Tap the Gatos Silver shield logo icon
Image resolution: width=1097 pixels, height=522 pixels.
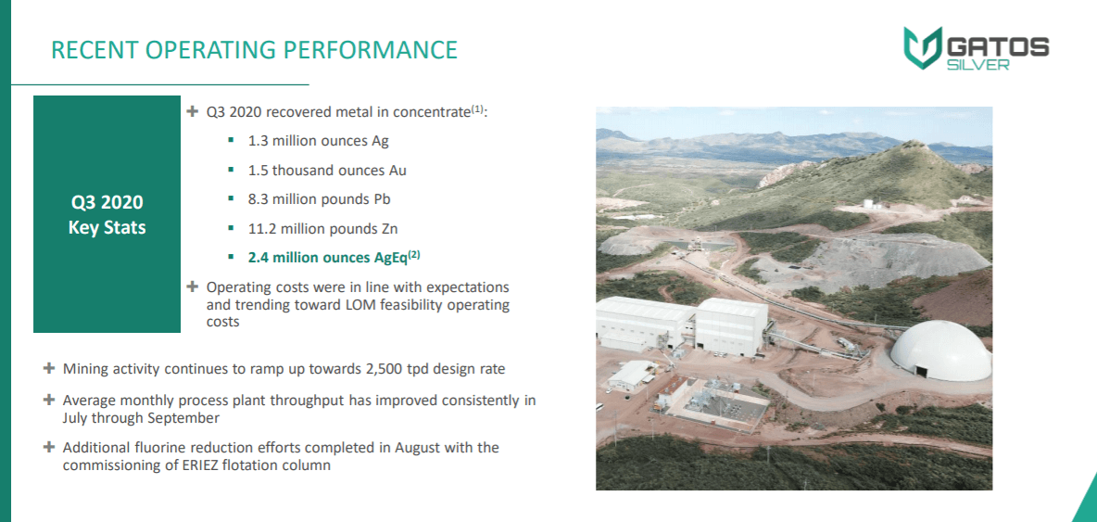(x=921, y=48)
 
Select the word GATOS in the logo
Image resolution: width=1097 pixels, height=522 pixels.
(x=997, y=47)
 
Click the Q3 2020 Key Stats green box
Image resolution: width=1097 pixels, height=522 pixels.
(x=107, y=214)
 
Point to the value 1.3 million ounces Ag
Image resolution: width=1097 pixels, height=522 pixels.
(x=319, y=141)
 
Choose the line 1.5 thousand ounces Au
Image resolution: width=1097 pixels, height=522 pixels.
(x=327, y=170)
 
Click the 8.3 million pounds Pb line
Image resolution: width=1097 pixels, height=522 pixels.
(x=319, y=199)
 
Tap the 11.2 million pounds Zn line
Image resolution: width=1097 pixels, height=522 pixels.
(x=322, y=228)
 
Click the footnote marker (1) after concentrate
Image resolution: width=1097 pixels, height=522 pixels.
(x=477, y=109)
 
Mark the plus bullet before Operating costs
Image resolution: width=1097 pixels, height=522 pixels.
(x=193, y=286)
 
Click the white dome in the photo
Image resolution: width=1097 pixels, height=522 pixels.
(x=941, y=350)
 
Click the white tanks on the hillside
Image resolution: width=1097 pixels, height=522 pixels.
(x=869, y=204)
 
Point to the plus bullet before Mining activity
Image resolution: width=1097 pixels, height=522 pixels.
(x=48, y=368)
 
